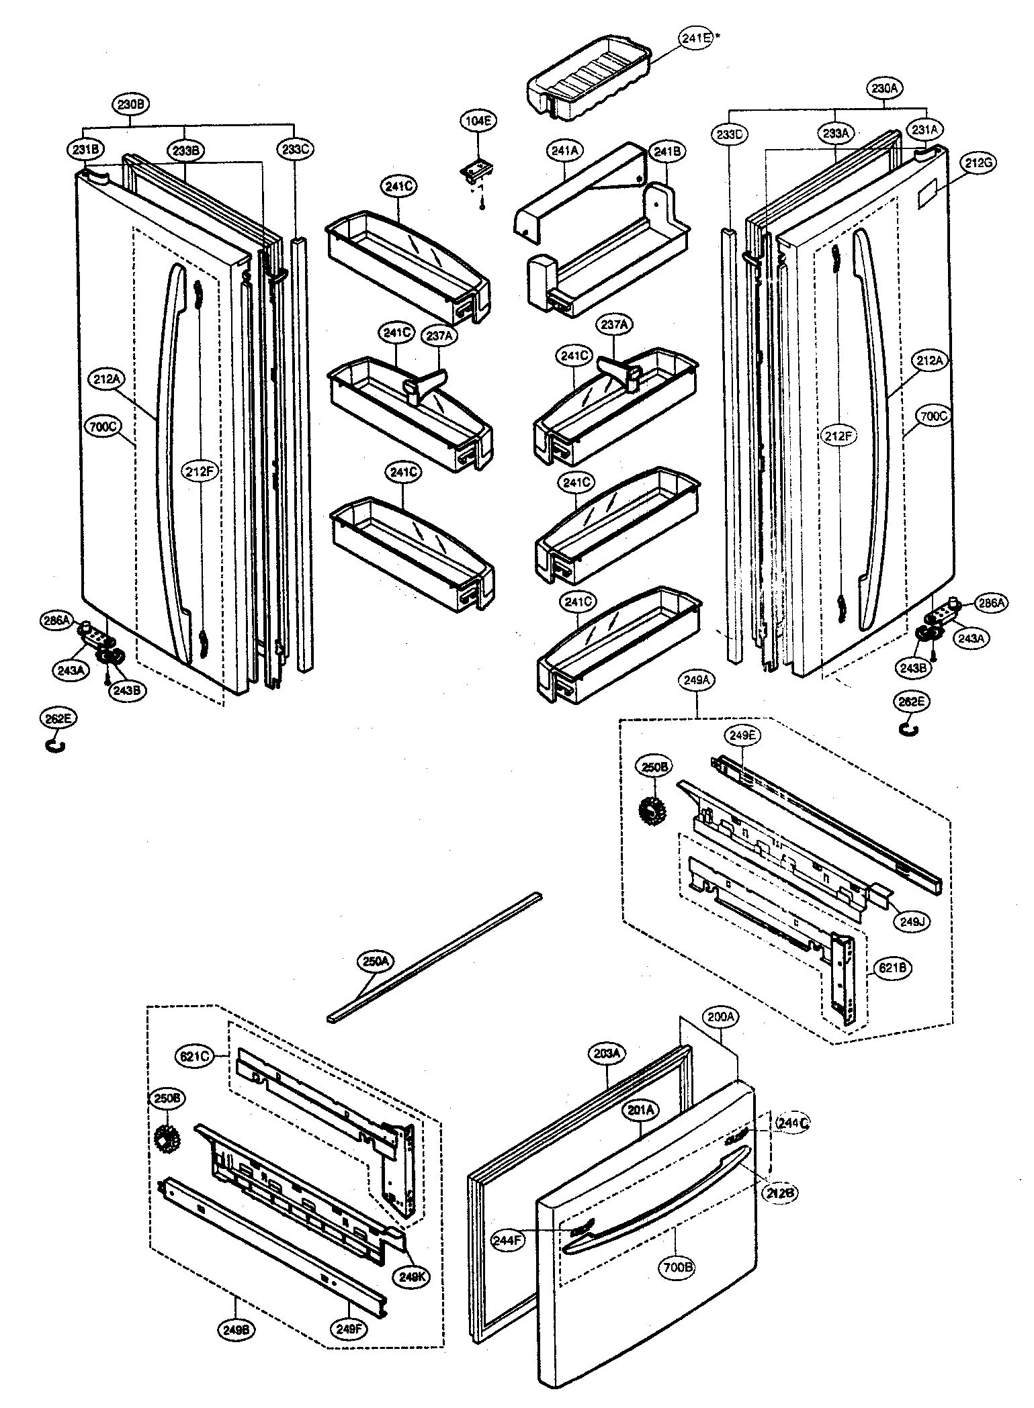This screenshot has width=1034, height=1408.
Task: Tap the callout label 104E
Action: pyautogui.click(x=478, y=121)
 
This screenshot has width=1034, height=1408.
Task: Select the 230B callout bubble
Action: pyautogui.click(x=130, y=104)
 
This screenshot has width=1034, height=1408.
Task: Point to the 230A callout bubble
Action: pyautogui.click(x=886, y=88)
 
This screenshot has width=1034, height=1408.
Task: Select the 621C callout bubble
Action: pyautogui.click(x=196, y=1055)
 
